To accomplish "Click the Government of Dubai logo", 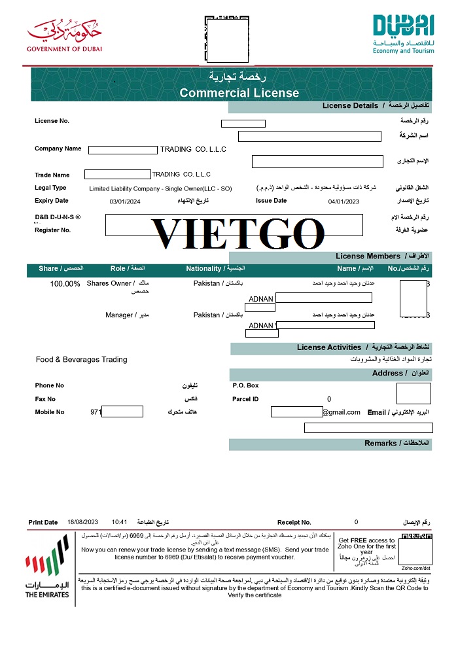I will point(65,36).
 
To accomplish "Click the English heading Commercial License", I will point(239,93).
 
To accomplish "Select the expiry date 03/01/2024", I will point(125,202).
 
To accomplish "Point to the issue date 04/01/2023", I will point(343,202).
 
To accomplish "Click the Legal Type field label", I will point(50,188).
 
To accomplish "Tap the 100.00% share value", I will point(65,284).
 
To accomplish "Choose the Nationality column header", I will point(203,268).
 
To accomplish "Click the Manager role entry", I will point(119,315).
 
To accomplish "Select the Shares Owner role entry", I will point(109,284).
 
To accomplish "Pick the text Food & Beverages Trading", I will point(82,360).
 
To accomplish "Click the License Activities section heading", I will point(329,347).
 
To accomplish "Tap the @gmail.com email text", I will point(341,412).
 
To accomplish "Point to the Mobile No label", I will point(50,412).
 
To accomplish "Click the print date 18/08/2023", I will point(82,522).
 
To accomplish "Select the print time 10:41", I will point(119,522).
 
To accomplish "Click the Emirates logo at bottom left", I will point(46,566).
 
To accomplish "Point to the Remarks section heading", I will point(381,444).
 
